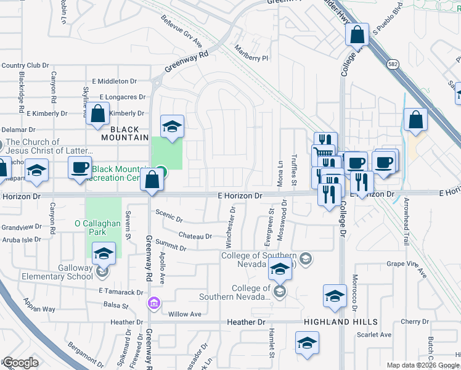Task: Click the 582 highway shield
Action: click(392, 64)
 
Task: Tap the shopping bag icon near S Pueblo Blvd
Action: click(357, 35)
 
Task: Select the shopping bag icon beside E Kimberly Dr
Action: click(97, 114)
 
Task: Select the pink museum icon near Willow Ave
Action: click(153, 303)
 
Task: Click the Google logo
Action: click(21, 362)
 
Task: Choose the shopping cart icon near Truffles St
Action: click(324, 153)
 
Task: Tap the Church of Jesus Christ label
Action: click(37, 146)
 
